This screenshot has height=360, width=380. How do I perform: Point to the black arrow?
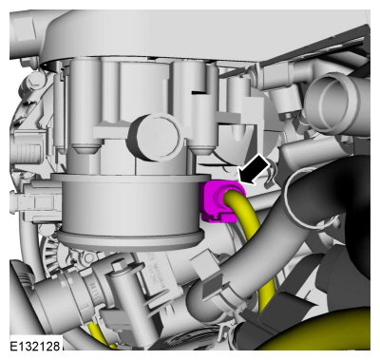(256, 168)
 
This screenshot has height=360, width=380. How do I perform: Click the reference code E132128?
(35, 346)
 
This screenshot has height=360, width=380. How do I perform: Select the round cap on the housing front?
(154, 137)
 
